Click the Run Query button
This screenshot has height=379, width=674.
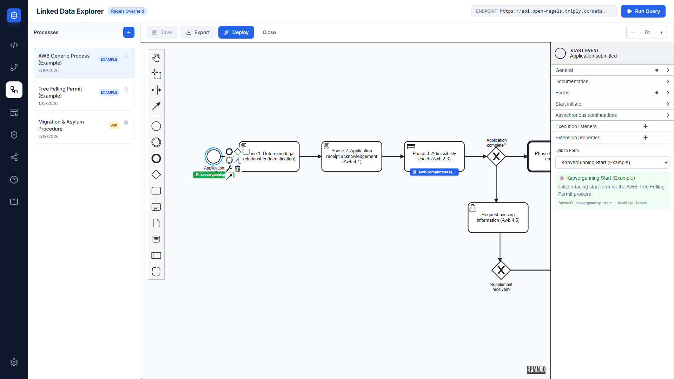tap(643, 11)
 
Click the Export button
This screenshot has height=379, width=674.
tap(198, 32)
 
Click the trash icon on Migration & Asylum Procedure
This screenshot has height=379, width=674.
tap(126, 122)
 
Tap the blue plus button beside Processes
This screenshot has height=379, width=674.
tap(128, 32)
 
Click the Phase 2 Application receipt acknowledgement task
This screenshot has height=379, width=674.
tap(351, 157)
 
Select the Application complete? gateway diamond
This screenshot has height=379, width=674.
tap(496, 157)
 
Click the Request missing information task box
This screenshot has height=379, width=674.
tap(498, 218)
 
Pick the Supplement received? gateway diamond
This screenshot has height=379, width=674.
tap(501, 270)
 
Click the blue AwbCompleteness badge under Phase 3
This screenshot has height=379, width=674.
tap(434, 172)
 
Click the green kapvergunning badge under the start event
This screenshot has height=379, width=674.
tap(210, 175)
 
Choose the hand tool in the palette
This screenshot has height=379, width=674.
tap(156, 58)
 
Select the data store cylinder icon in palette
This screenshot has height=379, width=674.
tap(156, 239)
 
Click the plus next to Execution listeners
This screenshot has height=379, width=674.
tap(645, 126)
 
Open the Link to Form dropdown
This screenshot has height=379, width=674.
tap(612, 162)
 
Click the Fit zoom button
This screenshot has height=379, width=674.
tap(647, 32)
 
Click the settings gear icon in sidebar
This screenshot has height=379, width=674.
tap(14, 362)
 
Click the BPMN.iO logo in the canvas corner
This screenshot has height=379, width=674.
tap(536, 369)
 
